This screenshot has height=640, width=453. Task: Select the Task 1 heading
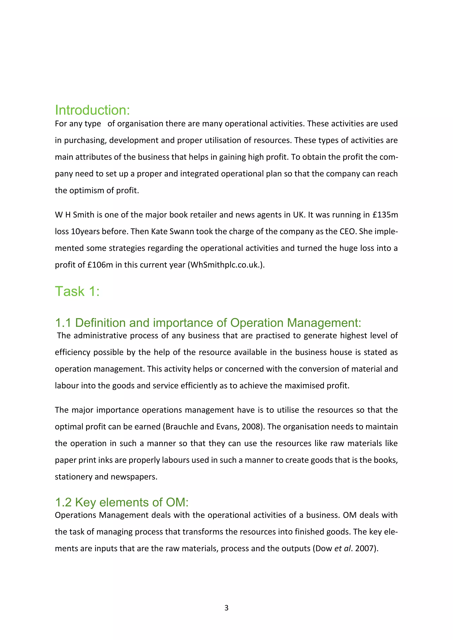(x=77, y=292)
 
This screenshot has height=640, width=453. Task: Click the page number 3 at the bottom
(x=226, y=608)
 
